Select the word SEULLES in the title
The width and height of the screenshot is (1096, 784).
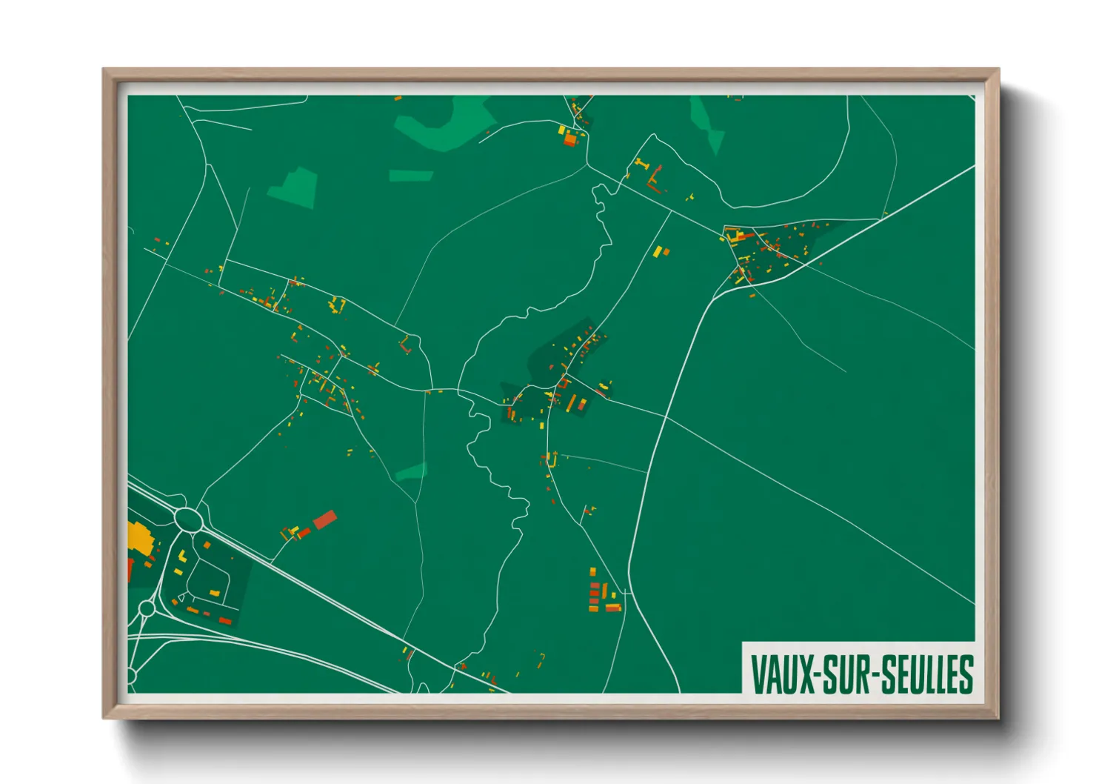[x=926, y=674]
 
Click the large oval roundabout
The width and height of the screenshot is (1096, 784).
[x=189, y=519]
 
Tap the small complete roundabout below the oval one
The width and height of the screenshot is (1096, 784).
[x=147, y=609]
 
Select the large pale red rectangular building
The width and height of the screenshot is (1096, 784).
[x=325, y=519]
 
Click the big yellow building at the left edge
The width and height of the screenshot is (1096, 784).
[x=139, y=536]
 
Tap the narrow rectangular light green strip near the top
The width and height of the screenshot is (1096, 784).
[x=411, y=176]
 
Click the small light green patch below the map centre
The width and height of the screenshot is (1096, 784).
[x=412, y=471]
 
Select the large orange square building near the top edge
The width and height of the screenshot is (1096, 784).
[x=569, y=139]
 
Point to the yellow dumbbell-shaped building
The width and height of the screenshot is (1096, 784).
[x=642, y=163]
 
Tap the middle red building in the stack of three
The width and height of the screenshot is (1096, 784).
[x=594, y=595]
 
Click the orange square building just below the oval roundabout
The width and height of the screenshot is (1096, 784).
[x=207, y=545]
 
